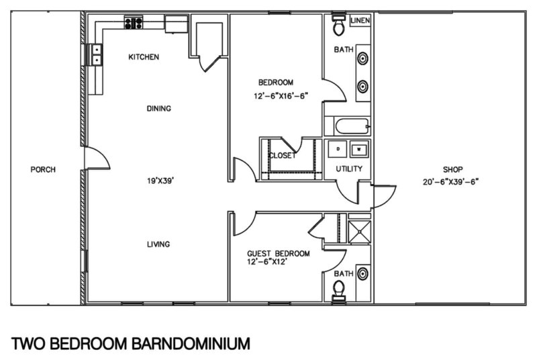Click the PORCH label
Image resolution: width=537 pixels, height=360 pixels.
pyautogui.click(x=43, y=169)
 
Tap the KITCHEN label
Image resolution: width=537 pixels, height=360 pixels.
pyautogui.click(x=144, y=57)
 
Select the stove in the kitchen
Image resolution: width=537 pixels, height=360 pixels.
pyautogui.click(x=134, y=24)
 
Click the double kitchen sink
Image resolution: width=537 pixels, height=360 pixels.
pyautogui.click(x=96, y=54)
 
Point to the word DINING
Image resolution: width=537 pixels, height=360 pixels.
pyautogui.click(x=159, y=108)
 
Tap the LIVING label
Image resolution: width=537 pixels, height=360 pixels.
pyautogui.click(x=158, y=244)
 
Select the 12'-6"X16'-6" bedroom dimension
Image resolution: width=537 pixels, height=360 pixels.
pyautogui.click(x=281, y=95)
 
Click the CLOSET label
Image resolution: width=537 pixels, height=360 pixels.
pyautogui.click(x=282, y=155)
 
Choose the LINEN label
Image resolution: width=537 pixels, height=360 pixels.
pyautogui.click(x=360, y=21)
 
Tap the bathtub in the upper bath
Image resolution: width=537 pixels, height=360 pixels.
pyautogui.click(x=347, y=126)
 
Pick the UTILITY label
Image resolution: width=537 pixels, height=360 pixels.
pyautogui.click(x=349, y=169)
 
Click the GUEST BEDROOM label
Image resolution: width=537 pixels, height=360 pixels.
pyautogui.click(x=279, y=253)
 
